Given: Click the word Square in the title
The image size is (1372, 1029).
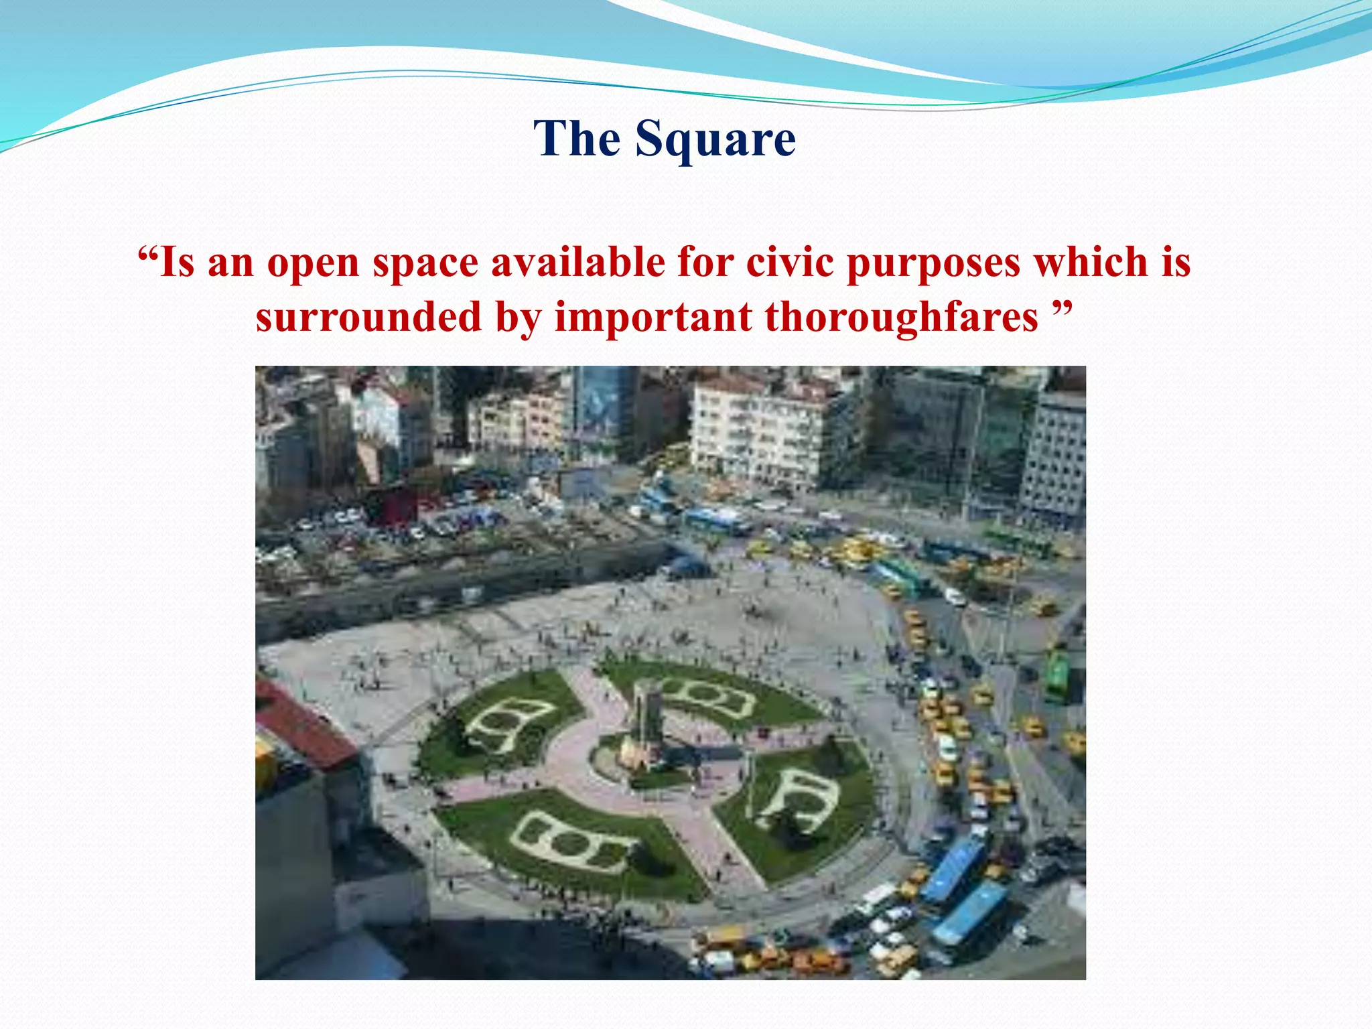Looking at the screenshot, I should tap(715, 139).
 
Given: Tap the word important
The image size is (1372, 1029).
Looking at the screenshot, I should tap(653, 318).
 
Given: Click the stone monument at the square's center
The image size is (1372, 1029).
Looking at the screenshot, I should tap(645, 724).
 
